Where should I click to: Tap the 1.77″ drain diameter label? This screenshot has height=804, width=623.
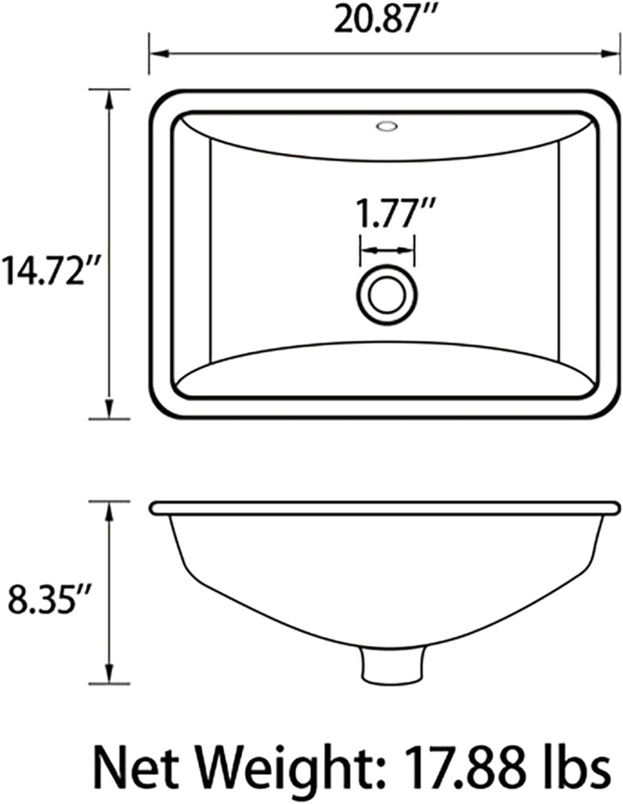point(387,214)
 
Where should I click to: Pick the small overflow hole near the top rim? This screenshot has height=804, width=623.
point(386,125)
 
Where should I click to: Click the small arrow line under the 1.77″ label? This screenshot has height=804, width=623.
point(387,250)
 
